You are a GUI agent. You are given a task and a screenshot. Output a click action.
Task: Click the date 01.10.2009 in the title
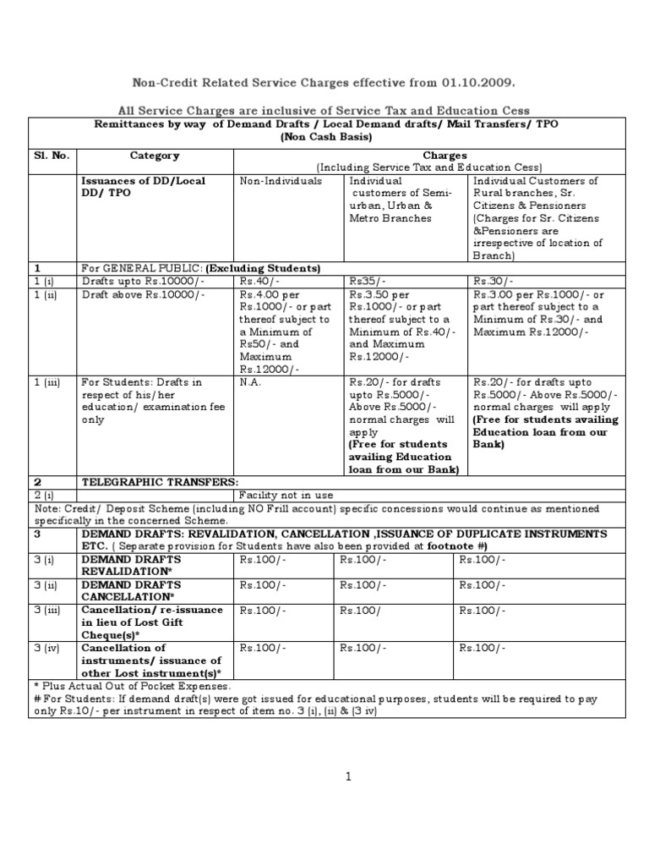(x=476, y=82)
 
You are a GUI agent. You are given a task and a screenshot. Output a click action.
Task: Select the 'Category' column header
(x=154, y=156)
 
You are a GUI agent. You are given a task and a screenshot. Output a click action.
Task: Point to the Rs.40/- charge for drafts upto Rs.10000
(x=255, y=282)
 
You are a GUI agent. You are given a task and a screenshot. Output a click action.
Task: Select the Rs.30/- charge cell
(x=491, y=282)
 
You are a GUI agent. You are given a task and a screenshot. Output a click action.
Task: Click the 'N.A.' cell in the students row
(x=250, y=382)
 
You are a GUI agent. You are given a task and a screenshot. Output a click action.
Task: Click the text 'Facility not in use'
(x=286, y=495)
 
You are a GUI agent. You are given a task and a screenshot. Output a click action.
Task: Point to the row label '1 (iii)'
(x=46, y=382)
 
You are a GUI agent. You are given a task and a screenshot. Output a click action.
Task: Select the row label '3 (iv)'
(x=46, y=648)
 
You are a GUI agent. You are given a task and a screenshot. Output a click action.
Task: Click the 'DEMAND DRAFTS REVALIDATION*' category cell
(x=130, y=565)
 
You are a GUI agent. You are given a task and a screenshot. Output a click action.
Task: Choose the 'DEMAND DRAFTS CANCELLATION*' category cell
(x=130, y=590)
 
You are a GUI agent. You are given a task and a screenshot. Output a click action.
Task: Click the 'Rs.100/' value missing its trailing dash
(x=360, y=610)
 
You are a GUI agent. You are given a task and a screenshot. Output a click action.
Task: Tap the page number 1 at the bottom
(x=347, y=777)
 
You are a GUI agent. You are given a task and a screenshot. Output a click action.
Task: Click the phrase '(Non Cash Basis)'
(x=327, y=136)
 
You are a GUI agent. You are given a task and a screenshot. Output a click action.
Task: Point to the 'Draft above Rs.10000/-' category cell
(x=142, y=294)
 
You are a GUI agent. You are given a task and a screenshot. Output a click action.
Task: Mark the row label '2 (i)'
(x=43, y=495)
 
